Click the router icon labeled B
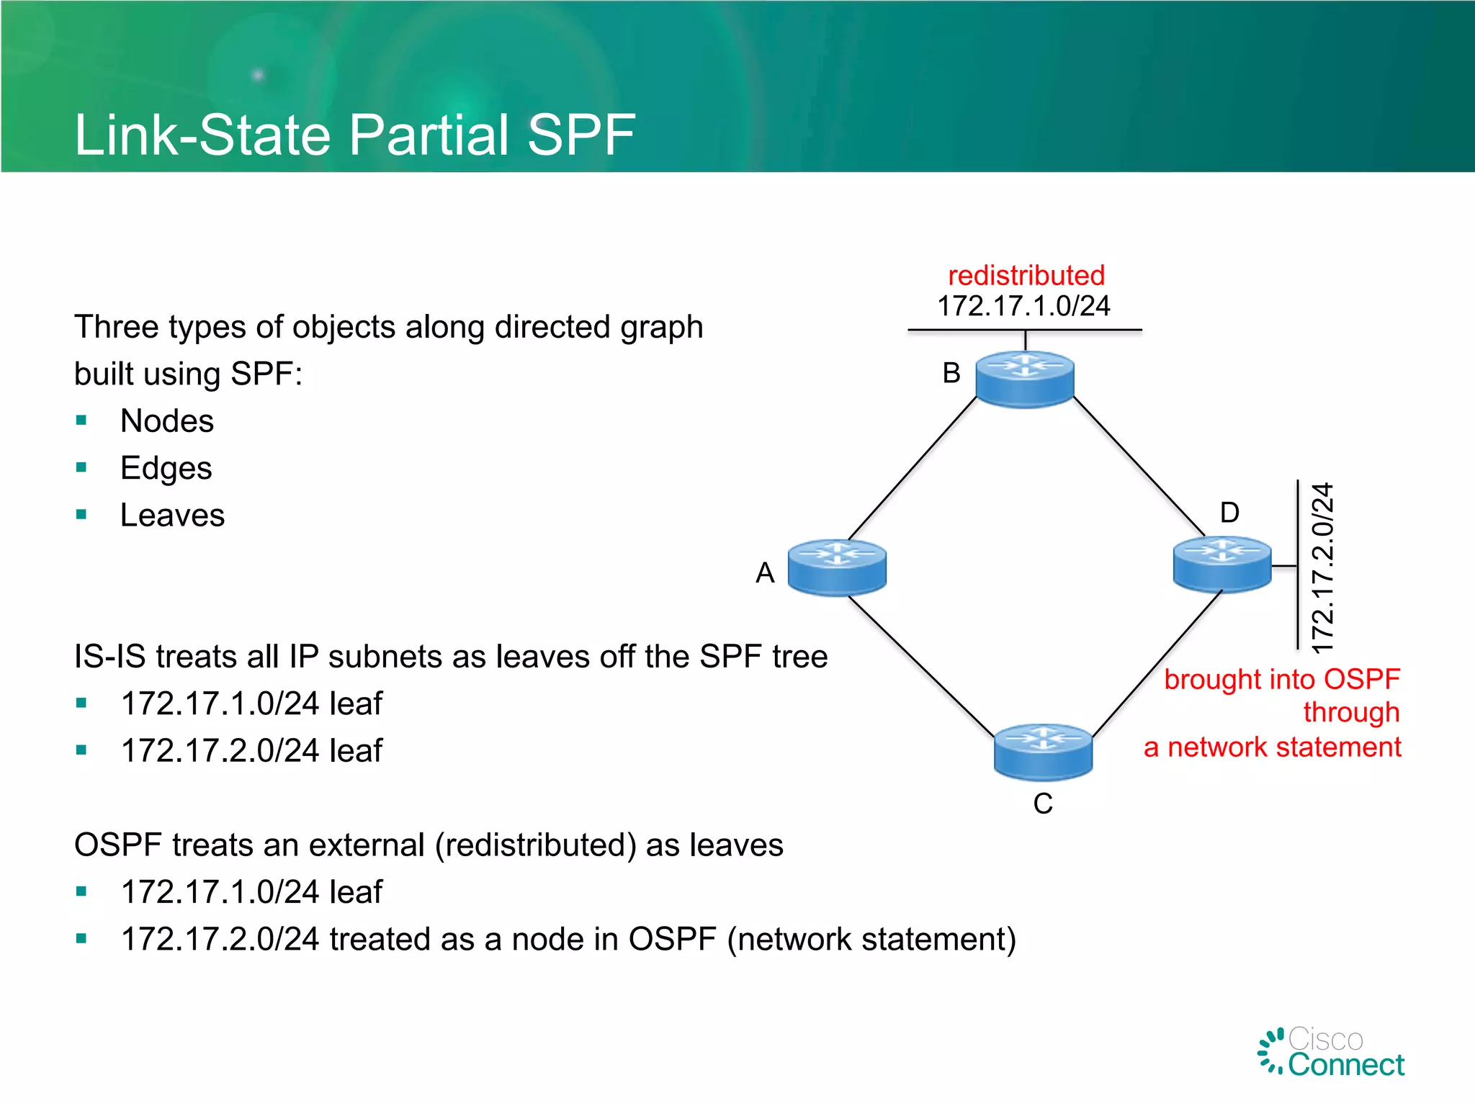coord(1024,379)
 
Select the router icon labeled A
coord(836,567)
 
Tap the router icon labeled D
coord(1221,564)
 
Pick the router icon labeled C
coord(1043,752)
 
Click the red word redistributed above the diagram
coord(1026,275)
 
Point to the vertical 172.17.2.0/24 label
coord(1322,568)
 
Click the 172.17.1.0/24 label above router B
coord(1023,306)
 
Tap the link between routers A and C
coord(920,666)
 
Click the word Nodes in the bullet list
coord(167,421)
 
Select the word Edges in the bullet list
coord(166,468)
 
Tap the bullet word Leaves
coord(172,516)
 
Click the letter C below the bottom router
coord(1042,804)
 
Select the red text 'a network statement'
coord(1272,747)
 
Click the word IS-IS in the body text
coord(109,657)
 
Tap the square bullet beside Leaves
coord(81,515)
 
